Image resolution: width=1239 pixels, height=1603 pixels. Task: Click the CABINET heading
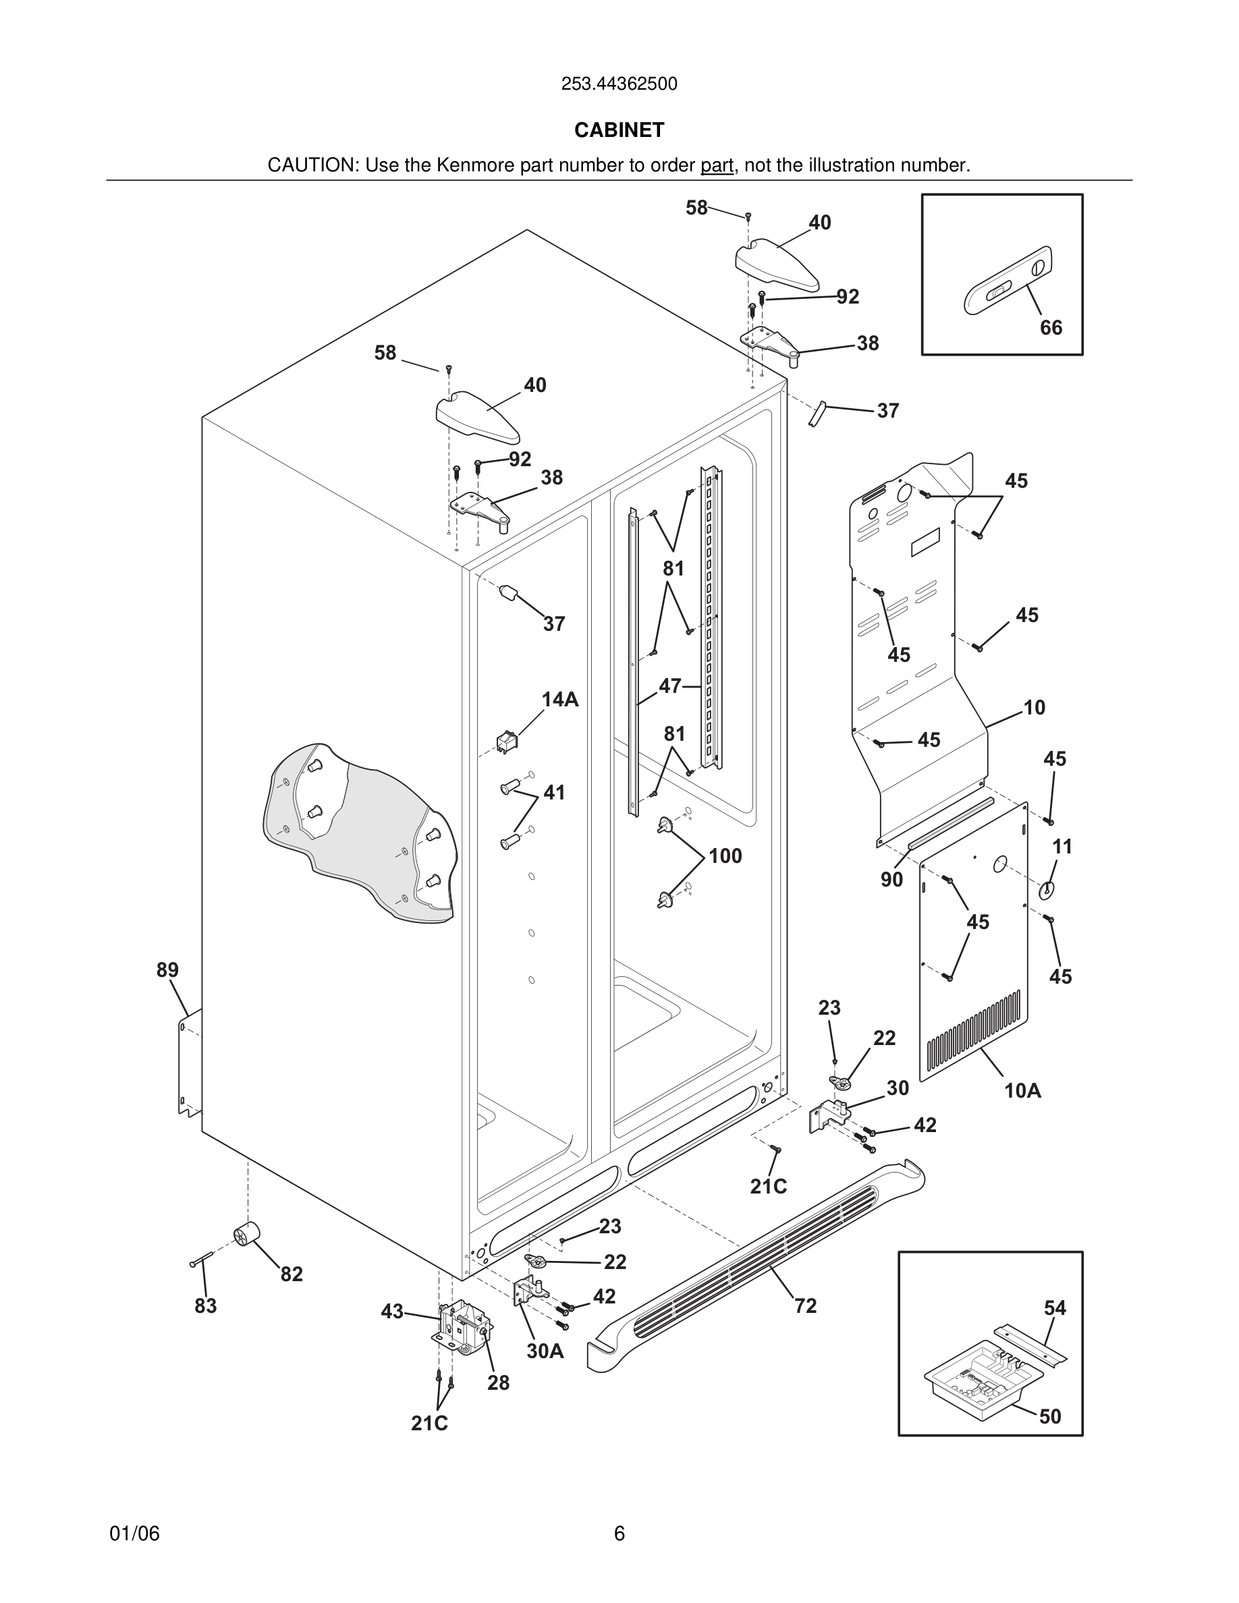click(619, 130)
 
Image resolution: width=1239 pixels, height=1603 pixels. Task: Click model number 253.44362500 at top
click(619, 84)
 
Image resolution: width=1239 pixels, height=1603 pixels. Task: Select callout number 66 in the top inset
click(1050, 327)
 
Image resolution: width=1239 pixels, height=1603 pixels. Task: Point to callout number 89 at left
click(167, 969)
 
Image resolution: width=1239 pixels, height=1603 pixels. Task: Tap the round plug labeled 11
click(1046, 891)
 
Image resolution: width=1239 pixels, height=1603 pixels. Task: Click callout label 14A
click(560, 700)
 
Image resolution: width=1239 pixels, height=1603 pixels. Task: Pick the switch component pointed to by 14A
click(506, 742)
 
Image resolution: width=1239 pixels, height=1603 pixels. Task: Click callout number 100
click(725, 856)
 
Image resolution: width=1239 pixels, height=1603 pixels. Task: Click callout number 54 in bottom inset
click(1055, 1307)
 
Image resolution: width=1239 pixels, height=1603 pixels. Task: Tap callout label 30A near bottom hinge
click(545, 1351)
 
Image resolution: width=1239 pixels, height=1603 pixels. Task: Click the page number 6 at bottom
click(619, 1534)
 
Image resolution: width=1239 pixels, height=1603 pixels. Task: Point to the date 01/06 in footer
click(134, 1534)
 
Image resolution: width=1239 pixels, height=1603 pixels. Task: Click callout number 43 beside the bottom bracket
click(392, 1311)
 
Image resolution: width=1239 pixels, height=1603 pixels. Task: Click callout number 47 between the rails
click(669, 686)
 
